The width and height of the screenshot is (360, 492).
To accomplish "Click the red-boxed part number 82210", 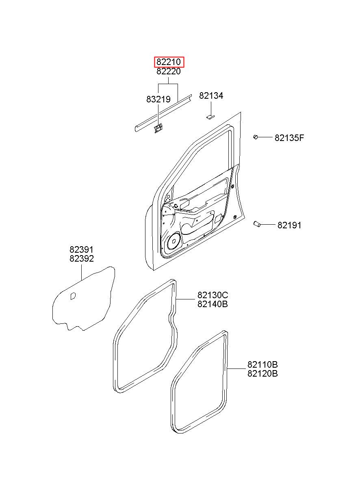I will click(169, 62).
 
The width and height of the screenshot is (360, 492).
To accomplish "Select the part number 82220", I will click(169, 72).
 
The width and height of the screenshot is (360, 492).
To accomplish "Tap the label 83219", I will click(158, 99).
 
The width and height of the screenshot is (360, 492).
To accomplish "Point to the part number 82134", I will click(211, 96).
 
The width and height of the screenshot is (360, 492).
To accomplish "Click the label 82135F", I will click(289, 138).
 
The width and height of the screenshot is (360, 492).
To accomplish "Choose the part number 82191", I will click(289, 225).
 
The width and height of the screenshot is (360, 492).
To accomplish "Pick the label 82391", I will click(81, 250).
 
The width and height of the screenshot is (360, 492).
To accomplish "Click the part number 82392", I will click(81, 259).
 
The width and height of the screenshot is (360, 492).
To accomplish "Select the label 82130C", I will click(213, 295).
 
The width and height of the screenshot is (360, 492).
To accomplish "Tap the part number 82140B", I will click(213, 304).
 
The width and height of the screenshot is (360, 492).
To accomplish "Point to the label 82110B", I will click(262, 364).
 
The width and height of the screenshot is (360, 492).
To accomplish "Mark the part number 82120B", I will click(262, 374).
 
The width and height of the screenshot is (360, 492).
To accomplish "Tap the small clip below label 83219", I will click(158, 128).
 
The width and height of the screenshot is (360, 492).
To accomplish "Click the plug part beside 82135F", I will click(256, 137).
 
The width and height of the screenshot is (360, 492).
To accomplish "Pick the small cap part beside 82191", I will click(257, 224).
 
